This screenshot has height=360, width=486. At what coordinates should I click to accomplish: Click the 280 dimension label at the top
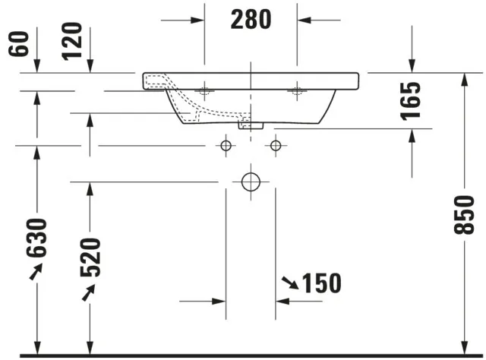[250, 19]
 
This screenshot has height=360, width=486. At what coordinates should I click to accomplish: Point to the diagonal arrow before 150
[289, 283]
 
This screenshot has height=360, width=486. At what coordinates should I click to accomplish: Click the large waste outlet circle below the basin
[251, 182]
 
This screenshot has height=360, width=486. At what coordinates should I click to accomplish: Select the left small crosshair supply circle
[226, 144]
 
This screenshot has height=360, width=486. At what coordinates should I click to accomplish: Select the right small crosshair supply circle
[275, 144]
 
